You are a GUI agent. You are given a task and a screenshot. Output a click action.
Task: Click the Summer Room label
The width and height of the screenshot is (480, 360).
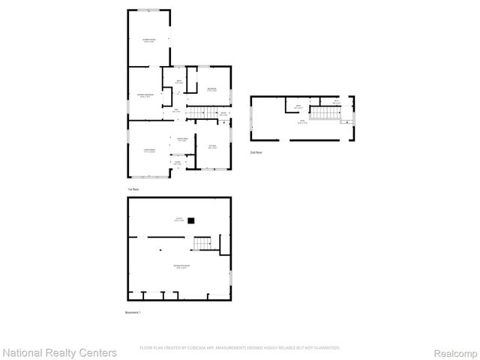click(x=148, y=39)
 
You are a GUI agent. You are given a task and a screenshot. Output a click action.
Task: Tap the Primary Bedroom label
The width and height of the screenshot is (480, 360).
click(x=145, y=96)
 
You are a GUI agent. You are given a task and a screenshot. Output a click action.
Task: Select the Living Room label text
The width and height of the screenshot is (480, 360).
click(x=149, y=150)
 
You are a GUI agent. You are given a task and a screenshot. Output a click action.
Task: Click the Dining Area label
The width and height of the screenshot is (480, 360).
click(x=181, y=140)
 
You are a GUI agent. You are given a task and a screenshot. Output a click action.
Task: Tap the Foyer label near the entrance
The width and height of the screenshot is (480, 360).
click(x=178, y=163)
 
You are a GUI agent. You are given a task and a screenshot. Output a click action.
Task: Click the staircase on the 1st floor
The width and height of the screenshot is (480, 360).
click(x=198, y=113)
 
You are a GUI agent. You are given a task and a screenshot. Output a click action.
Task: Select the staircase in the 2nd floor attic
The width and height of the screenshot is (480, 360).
click(x=325, y=113)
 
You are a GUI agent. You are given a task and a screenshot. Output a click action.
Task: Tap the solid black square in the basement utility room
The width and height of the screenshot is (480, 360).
click(x=191, y=220)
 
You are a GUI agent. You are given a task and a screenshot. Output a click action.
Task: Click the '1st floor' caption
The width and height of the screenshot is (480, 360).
click(x=134, y=189)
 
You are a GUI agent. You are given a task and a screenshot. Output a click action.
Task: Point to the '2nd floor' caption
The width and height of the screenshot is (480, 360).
click(x=256, y=151)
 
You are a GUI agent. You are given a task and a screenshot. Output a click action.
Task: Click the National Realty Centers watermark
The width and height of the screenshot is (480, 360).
click(x=59, y=352)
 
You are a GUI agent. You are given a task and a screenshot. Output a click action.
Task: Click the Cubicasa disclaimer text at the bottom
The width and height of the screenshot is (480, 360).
click(x=239, y=348)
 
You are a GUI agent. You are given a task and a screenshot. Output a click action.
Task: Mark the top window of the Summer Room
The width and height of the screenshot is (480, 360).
click(x=148, y=10)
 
